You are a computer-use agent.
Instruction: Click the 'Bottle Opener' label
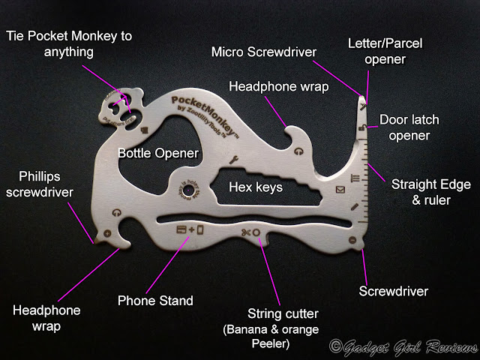coord(157,153)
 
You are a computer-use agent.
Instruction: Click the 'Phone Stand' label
coord(154,301)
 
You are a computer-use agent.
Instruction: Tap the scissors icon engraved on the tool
coord(244,233)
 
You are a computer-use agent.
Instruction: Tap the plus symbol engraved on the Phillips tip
coord(106,234)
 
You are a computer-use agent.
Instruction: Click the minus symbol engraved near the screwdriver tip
coord(351,240)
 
